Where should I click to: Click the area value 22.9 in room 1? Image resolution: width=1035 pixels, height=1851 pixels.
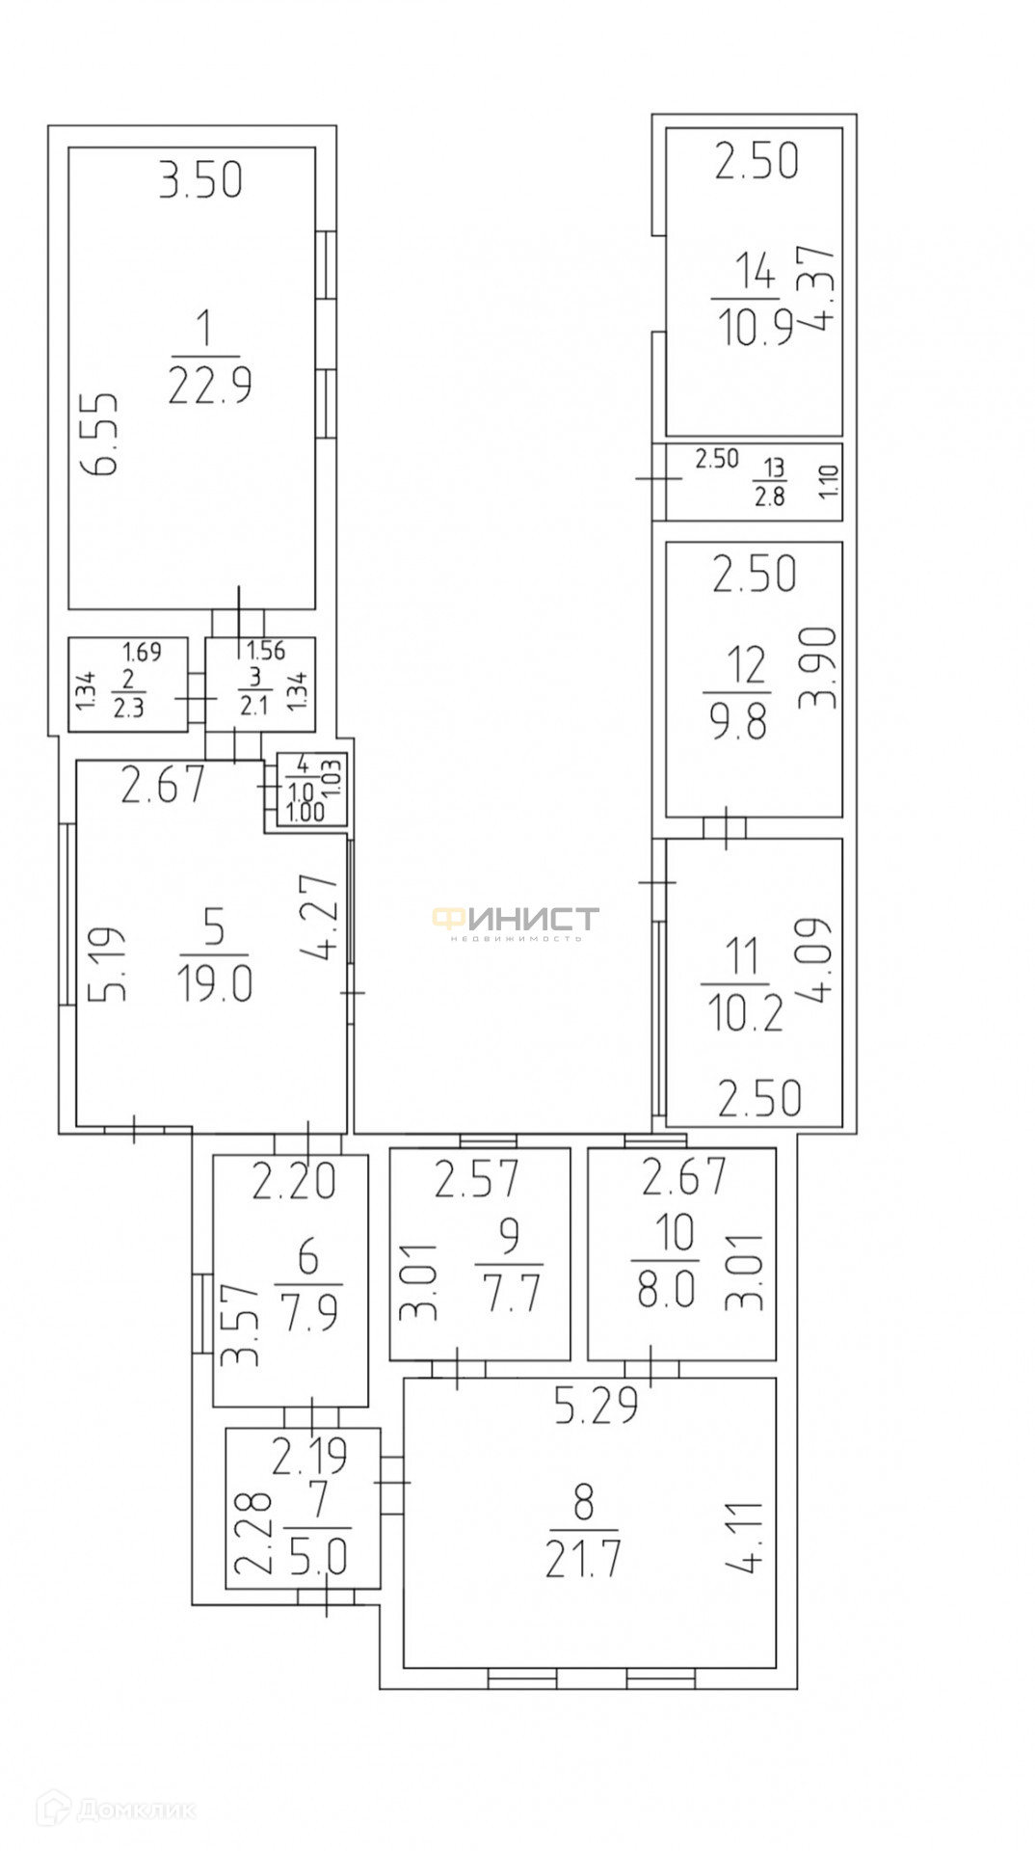(209, 386)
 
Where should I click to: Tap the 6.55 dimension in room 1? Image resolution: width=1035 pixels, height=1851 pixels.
(99, 433)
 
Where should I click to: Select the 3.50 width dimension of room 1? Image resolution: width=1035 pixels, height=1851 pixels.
(200, 181)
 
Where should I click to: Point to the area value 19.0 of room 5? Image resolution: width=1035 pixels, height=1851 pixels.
(214, 984)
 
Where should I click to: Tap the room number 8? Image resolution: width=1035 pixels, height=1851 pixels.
(583, 1503)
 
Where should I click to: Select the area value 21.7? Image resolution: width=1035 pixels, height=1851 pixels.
(583, 1559)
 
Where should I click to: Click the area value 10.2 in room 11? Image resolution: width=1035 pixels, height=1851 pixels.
(745, 1013)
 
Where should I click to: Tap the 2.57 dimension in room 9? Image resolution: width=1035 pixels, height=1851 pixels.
(476, 1179)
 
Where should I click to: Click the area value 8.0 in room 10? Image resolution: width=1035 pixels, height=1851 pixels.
(665, 1288)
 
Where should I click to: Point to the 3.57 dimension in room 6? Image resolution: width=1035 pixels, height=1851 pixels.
(240, 1323)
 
